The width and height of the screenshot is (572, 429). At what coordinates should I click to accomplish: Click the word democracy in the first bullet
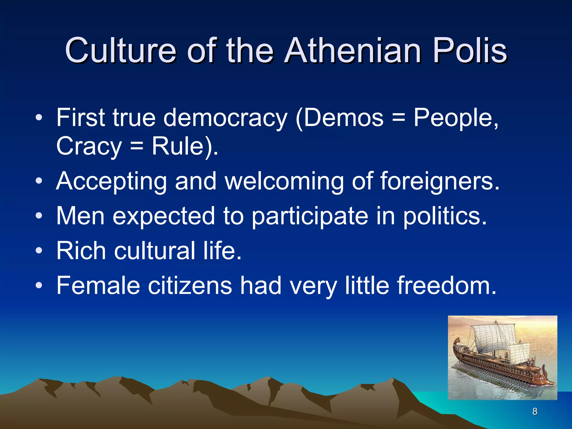coord(225,118)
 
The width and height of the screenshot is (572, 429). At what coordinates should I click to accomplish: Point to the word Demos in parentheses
coord(344,118)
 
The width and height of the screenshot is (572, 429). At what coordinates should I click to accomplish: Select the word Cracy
coord(89,146)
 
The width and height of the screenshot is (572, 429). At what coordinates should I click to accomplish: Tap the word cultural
coord(155,251)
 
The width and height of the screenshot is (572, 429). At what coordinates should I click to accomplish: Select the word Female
coord(98,285)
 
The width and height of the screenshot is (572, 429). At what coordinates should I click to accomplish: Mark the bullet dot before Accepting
coord(39,181)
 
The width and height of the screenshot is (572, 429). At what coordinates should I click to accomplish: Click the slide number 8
coord(535,411)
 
